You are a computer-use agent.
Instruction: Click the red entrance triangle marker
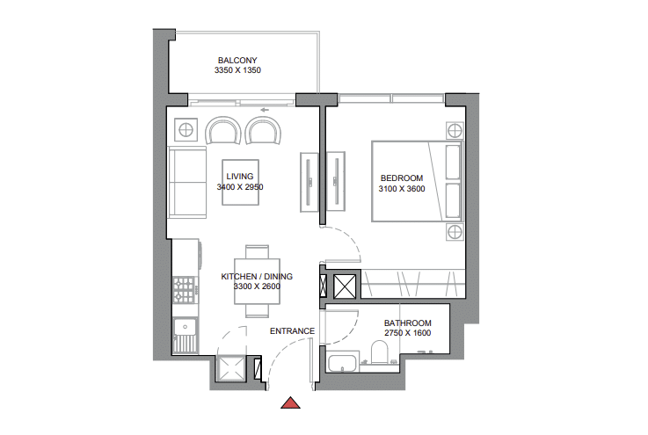point(290,402)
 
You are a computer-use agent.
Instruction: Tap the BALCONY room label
point(237,61)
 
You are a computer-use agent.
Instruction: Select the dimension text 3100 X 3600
point(402,189)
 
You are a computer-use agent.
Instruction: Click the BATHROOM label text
point(407,323)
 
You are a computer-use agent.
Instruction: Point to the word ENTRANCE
point(292,331)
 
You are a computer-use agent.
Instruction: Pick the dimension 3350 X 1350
point(237,70)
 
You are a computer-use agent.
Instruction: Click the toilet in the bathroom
point(379,352)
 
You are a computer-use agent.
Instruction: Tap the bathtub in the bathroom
point(342,362)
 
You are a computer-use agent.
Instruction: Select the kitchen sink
point(186,336)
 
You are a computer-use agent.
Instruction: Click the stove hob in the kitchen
point(184,290)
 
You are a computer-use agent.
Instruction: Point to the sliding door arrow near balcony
point(265,110)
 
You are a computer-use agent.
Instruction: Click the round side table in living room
point(186,130)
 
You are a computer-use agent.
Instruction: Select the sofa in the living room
point(186,182)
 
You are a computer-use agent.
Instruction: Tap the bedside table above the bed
point(455,131)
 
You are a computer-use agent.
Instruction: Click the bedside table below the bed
point(455,232)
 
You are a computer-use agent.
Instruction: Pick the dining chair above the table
point(257,252)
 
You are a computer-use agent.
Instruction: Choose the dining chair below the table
point(257,311)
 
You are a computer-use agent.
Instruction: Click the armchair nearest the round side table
point(223,131)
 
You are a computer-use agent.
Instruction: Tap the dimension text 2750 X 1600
point(407,333)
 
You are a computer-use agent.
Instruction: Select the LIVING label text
point(240,177)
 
